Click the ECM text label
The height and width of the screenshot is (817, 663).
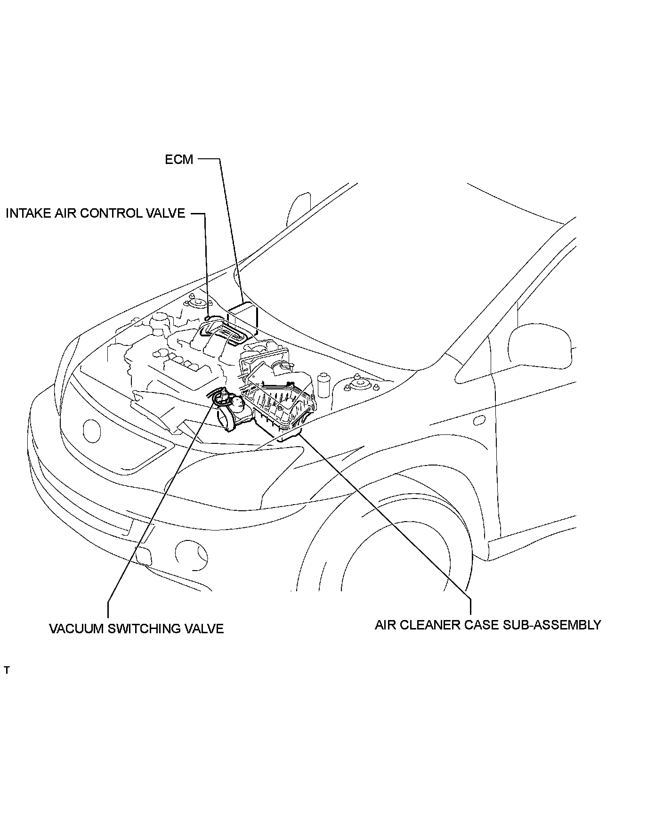coord(179,160)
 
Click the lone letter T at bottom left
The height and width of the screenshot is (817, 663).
coord(7,670)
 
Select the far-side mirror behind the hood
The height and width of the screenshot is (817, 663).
coord(299,207)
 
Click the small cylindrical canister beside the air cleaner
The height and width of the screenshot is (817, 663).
coord(323,385)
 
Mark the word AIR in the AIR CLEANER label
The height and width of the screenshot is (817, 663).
coord(385,625)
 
